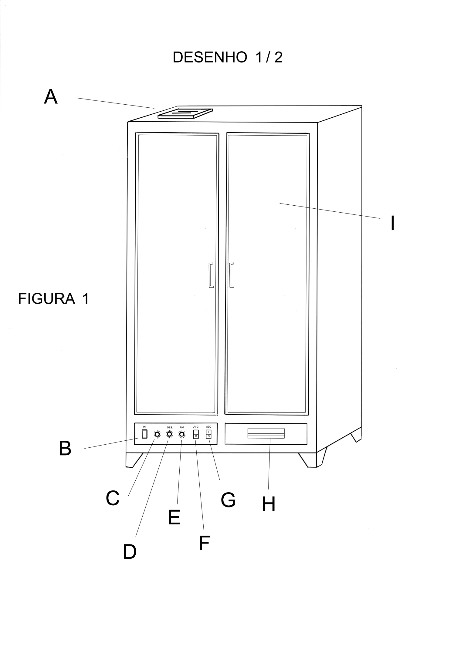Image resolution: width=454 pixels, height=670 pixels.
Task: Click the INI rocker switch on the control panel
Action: point(145,434)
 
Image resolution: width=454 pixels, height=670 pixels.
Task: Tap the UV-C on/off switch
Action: point(196,434)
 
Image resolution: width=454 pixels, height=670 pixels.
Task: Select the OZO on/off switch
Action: point(208,434)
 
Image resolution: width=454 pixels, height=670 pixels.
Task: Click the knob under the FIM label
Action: point(181,435)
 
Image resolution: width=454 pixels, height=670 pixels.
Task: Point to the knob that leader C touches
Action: point(157,435)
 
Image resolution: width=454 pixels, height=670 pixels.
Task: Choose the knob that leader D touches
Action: point(169,435)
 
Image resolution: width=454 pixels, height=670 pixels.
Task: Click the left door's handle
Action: point(211,275)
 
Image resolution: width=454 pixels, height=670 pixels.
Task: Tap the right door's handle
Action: point(231,275)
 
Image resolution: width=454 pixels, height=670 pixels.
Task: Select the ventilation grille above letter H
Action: point(266,433)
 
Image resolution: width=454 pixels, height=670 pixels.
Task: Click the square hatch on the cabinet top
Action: point(185,113)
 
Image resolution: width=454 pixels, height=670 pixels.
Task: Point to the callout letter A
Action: point(51,97)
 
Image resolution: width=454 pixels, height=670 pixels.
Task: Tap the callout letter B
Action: point(65,449)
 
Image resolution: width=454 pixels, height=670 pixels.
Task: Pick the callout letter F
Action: point(204,543)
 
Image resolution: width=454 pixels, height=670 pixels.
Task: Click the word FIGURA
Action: point(46,299)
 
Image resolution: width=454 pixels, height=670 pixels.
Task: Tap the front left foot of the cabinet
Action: point(134,460)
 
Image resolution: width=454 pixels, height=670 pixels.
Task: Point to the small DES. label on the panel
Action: point(170,427)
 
